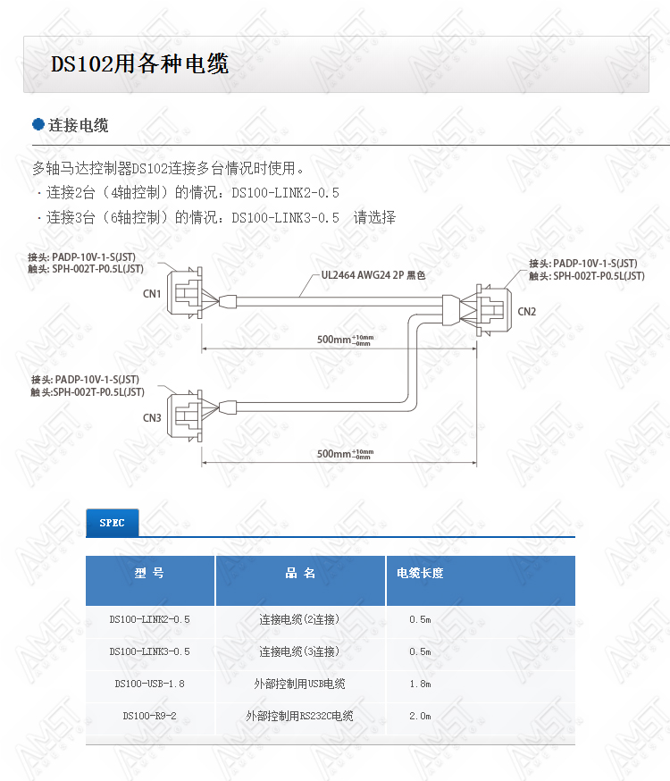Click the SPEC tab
(x=112, y=523)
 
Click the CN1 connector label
(x=152, y=294)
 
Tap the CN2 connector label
(x=527, y=312)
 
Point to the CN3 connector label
(x=152, y=418)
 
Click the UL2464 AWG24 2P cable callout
(x=373, y=275)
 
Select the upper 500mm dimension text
(x=345, y=340)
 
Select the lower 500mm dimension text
(x=345, y=454)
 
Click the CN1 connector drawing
(x=185, y=293)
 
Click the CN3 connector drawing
(x=185, y=416)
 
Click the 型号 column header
(x=149, y=574)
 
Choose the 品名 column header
(x=300, y=574)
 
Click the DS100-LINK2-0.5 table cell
(x=149, y=619)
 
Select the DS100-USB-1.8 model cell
(x=149, y=684)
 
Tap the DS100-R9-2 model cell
(x=149, y=716)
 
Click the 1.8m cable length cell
(x=420, y=684)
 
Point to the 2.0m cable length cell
(x=420, y=716)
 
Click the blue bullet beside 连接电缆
(x=38, y=124)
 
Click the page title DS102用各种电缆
(x=140, y=63)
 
